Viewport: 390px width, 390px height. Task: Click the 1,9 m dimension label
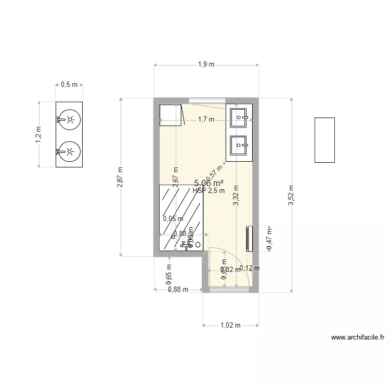(x=206, y=64)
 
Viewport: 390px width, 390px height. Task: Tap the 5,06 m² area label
(x=209, y=183)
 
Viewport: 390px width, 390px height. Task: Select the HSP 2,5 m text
(x=209, y=191)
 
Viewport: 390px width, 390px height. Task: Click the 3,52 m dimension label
(x=291, y=196)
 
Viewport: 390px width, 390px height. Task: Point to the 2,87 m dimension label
(x=120, y=177)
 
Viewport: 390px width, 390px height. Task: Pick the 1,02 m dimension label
(x=230, y=326)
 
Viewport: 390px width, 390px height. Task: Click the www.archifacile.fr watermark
(x=358, y=337)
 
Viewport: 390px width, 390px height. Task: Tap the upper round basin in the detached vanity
(x=69, y=119)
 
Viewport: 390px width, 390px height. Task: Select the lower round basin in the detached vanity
(x=69, y=152)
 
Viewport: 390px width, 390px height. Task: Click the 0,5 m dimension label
(x=69, y=84)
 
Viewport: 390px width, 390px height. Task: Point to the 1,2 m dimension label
(x=38, y=135)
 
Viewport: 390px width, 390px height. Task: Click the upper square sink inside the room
(x=241, y=118)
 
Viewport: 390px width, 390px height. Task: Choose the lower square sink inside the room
(x=240, y=145)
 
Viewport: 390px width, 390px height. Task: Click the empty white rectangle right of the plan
(x=324, y=140)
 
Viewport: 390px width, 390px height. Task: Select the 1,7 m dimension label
(x=206, y=120)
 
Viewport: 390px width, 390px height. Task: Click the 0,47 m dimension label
(x=269, y=239)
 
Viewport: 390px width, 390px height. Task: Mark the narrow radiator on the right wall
(x=250, y=238)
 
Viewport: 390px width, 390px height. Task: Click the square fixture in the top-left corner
(x=170, y=115)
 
